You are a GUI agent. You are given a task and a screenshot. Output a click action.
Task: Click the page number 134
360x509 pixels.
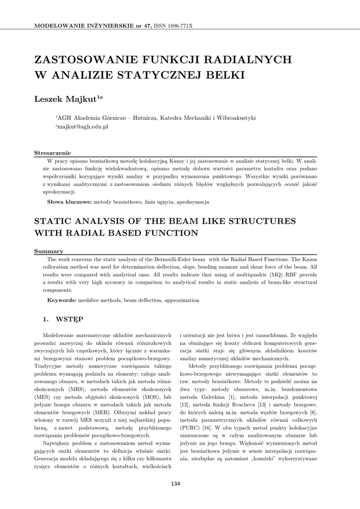tap(176, 484)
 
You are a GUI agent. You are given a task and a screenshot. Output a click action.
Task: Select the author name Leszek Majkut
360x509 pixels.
tap(66, 99)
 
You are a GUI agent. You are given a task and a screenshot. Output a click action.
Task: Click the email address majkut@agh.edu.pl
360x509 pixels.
tap(83, 127)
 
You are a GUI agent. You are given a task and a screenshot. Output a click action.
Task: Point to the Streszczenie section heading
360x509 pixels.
tap(52, 153)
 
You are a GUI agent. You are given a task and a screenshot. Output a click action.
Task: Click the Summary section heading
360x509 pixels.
tap(48, 252)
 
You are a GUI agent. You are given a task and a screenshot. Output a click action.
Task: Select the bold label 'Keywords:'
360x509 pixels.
tap(62, 300)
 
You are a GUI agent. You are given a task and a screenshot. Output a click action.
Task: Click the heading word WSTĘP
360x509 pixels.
tap(70, 318)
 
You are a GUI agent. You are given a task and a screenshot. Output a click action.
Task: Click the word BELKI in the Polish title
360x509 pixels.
tap(223, 76)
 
